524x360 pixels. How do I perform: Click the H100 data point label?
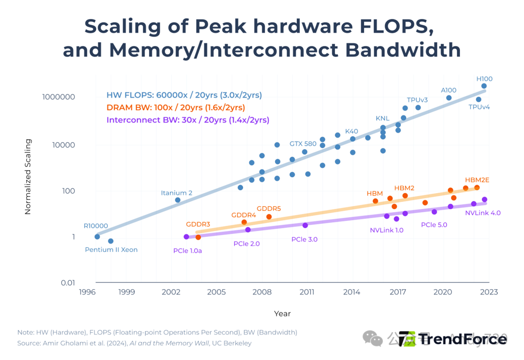(x=484, y=79)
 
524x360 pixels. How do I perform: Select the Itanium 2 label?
(x=177, y=193)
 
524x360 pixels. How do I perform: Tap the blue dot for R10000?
(x=97, y=237)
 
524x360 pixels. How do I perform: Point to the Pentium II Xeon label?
(x=111, y=250)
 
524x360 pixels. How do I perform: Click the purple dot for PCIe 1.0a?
(x=186, y=237)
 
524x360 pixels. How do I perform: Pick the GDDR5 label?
(x=269, y=209)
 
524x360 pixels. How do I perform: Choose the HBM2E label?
(x=477, y=180)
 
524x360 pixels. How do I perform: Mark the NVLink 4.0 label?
(x=483, y=213)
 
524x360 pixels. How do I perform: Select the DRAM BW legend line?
(x=176, y=108)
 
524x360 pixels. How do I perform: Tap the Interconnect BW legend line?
(x=188, y=120)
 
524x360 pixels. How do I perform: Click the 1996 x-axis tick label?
(x=87, y=292)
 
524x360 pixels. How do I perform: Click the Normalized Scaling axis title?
(x=28, y=177)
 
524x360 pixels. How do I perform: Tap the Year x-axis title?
(x=282, y=313)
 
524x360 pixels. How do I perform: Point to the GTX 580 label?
(x=303, y=144)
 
